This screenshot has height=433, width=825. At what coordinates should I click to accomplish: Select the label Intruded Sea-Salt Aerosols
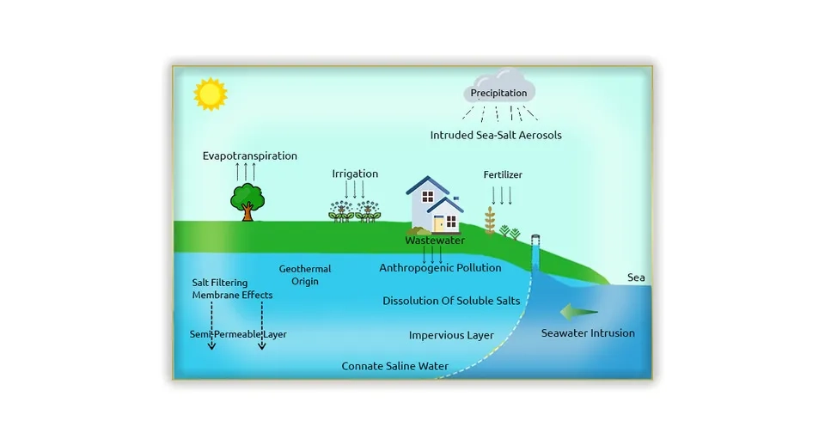tap(496, 136)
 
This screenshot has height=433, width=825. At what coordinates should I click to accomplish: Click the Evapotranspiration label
tap(250, 156)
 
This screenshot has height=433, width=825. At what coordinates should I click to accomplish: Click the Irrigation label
tap(355, 174)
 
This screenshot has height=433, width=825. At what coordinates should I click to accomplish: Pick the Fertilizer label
tap(503, 175)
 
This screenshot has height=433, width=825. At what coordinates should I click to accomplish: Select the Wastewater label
tap(435, 241)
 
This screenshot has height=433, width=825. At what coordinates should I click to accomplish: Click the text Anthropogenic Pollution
tap(440, 268)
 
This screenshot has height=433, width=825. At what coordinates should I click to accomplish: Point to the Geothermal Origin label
tap(304, 275)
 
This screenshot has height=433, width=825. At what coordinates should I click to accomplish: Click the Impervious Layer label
tap(451, 335)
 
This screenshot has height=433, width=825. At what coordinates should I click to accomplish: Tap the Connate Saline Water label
tap(394, 366)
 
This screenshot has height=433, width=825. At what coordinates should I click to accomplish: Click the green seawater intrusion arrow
tap(578, 311)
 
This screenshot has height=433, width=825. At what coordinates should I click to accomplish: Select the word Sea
tap(636, 277)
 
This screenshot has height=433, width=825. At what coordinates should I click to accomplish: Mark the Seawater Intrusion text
tap(588, 333)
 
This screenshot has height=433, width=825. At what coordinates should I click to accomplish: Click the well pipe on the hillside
tap(535, 252)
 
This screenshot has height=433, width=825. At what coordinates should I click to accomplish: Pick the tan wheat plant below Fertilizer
tap(490, 221)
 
